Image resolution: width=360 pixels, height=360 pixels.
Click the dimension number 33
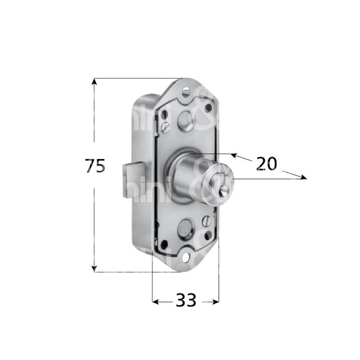185,301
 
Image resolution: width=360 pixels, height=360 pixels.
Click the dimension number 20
266,163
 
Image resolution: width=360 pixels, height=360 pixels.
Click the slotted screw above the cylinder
163,127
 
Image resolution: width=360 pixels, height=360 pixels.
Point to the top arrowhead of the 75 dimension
94,82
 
